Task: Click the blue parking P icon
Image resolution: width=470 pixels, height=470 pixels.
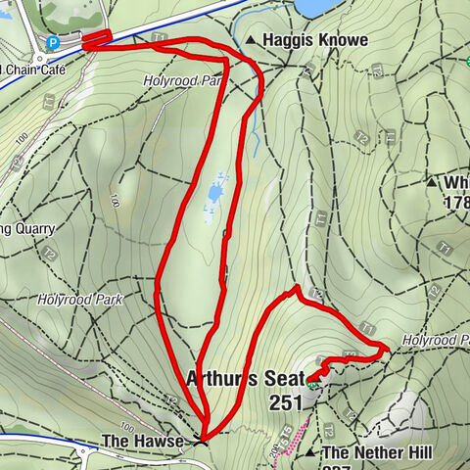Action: (54, 43)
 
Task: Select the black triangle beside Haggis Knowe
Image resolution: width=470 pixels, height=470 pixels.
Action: (251, 41)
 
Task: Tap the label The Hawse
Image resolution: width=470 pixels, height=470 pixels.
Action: (142, 443)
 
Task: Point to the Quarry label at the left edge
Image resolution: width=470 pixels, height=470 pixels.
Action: (27, 228)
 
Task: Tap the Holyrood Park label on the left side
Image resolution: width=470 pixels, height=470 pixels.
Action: (80, 299)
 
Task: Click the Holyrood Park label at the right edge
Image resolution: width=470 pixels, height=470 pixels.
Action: (436, 339)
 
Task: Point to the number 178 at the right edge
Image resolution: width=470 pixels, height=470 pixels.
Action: (456, 203)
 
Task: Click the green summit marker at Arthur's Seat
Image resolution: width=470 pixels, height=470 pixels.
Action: (311, 384)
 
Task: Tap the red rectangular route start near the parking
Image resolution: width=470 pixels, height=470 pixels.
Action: (95, 39)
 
